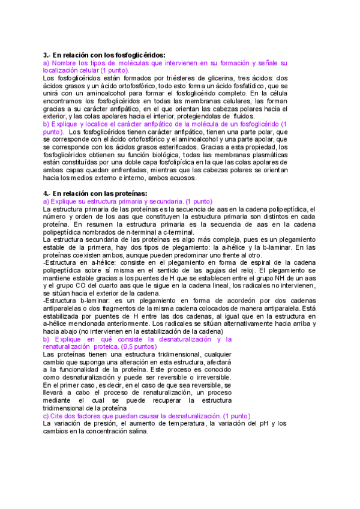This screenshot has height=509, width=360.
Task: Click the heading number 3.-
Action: (47, 55)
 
